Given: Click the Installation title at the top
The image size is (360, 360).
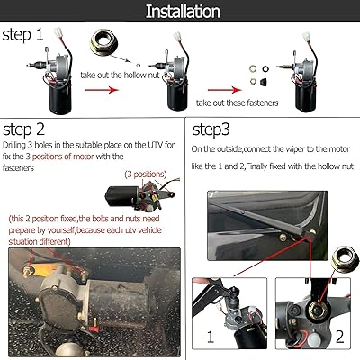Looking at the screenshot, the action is (183, 11).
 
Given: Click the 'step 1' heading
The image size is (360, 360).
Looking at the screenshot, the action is (22, 34).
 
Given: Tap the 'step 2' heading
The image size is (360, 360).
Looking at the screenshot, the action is (23, 130).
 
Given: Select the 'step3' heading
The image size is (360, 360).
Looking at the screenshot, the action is (211, 130).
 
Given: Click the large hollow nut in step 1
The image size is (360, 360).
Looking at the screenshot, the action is (103, 42).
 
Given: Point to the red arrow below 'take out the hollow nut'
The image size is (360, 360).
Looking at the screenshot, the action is (102, 90).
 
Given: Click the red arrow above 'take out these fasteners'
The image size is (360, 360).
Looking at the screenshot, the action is (225, 90).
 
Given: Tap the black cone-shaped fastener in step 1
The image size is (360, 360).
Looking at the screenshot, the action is (264, 81).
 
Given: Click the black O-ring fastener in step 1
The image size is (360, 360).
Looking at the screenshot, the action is (265, 68).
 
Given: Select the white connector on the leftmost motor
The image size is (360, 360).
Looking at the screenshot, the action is (58, 32).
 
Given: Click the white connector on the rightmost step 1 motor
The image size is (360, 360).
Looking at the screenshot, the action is (306, 37).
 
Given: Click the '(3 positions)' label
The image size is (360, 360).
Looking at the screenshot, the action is (146, 175).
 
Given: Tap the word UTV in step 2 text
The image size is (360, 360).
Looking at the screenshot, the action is (156, 145).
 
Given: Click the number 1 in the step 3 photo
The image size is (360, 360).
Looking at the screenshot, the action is (211, 337).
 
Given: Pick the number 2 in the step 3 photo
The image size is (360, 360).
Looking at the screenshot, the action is (339, 337).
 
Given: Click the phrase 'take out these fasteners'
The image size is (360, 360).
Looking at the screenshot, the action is (238, 103).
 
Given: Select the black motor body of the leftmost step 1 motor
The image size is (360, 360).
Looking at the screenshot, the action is (60, 96).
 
